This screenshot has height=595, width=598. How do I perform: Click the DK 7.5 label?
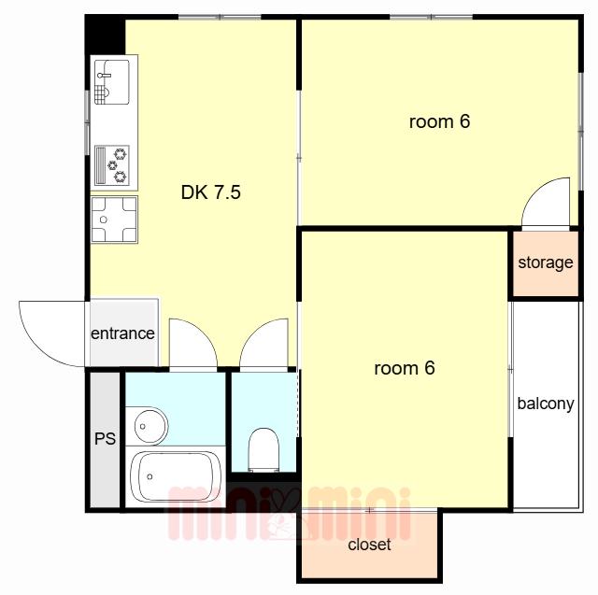point(210,192)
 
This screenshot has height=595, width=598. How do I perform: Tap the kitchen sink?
point(112,82)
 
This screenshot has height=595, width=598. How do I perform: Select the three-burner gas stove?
point(112,165)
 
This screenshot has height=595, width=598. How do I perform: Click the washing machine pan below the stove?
point(114,220)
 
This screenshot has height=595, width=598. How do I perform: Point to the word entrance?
point(122,333)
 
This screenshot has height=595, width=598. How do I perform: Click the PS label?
point(105,438)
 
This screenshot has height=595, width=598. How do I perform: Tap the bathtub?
point(176,476)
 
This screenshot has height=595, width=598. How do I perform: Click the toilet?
point(263,450)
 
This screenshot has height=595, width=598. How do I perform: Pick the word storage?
point(546,262)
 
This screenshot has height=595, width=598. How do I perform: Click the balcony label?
point(546,404)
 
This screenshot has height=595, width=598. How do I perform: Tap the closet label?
point(369,545)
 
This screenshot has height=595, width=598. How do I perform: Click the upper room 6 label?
point(439,122)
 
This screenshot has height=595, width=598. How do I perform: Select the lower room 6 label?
point(405,368)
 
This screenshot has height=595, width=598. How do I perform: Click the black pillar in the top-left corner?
point(105,35)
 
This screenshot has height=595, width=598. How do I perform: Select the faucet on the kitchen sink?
point(104,75)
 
